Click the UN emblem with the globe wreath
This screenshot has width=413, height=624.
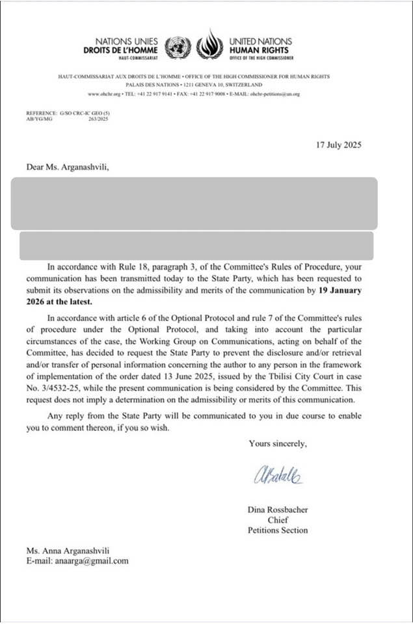178,46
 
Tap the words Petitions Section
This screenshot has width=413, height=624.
278,530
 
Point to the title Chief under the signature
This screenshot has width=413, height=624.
278,520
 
